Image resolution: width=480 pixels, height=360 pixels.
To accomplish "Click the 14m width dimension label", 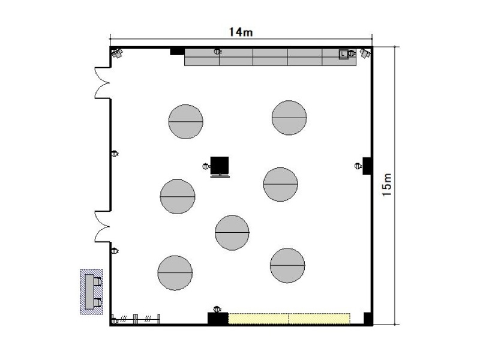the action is [x=241, y=32].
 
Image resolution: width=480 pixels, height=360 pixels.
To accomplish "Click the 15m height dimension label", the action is [x=387, y=185].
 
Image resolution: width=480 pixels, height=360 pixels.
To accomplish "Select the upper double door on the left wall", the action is [x=102, y=83].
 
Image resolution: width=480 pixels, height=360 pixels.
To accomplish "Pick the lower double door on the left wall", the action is [x=102, y=227].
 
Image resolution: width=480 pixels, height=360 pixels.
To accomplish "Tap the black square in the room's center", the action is [x=220, y=166].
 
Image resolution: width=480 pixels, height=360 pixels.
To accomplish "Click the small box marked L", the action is [x=343, y=54].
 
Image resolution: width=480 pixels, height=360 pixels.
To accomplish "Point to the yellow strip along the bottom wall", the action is [x=289, y=319].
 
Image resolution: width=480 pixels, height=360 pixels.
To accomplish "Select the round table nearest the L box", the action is [x=289, y=118].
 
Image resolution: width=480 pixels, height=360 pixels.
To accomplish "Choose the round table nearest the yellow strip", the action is [x=287, y=265].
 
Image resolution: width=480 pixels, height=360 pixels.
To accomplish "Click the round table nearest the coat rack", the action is [x=175, y=273].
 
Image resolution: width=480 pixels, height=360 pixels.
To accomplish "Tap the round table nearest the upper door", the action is [x=186, y=122].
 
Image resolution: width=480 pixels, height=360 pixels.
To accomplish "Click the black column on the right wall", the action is [x=367, y=166].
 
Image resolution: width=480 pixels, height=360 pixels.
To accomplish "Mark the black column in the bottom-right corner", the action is [x=368, y=319].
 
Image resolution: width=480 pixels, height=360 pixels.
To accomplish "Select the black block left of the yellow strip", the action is [x=218, y=319].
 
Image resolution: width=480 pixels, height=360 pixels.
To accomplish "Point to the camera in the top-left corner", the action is [x=117, y=53].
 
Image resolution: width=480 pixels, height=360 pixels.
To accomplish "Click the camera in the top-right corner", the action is [x=365, y=53].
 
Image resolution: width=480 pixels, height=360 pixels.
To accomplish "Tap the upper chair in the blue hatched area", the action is [x=97, y=281].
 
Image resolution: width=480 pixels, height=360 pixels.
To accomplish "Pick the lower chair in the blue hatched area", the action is [x=97, y=303].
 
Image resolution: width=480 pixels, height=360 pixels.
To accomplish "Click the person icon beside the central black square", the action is [x=206, y=166].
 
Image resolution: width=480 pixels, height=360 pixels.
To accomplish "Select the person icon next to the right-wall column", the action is [x=358, y=166].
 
